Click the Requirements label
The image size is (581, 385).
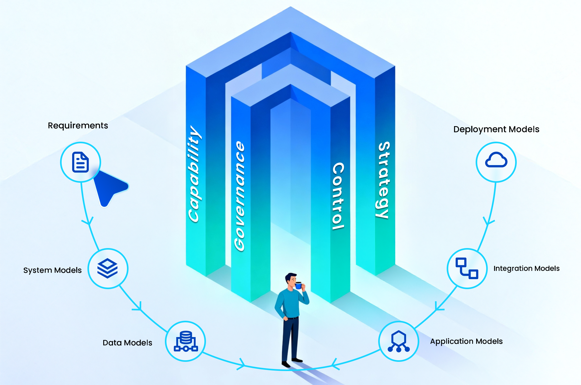pyautogui.click(x=78, y=126)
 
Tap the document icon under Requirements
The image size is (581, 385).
pyautogui.click(x=80, y=162)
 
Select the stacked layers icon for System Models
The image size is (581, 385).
pyautogui.click(x=107, y=268)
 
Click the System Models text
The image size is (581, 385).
pyautogui.click(x=52, y=270)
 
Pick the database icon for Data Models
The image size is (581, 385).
pyautogui.click(x=186, y=341)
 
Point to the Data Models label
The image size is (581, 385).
pyautogui.click(x=127, y=343)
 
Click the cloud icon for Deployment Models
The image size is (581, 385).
pyautogui.click(x=496, y=160)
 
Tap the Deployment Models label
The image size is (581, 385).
pyautogui.click(x=496, y=129)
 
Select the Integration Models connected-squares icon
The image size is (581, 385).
pyautogui.click(x=467, y=268)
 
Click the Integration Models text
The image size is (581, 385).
pyautogui.click(x=526, y=268)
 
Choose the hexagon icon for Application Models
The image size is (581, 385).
pyautogui.click(x=398, y=341)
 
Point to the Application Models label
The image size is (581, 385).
pyautogui.click(x=466, y=341)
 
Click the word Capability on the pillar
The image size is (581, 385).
pyautogui.click(x=194, y=174)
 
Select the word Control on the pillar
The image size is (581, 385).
pyautogui.click(x=338, y=196)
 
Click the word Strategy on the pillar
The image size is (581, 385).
pyautogui.click(x=383, y=180)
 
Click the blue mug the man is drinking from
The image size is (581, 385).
pyautogui.click(x=298, y=285)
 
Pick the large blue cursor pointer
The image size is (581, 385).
pyautogui.click(x=109, y=187)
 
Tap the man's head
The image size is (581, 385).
pyautogui.click(x=290, y=280)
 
